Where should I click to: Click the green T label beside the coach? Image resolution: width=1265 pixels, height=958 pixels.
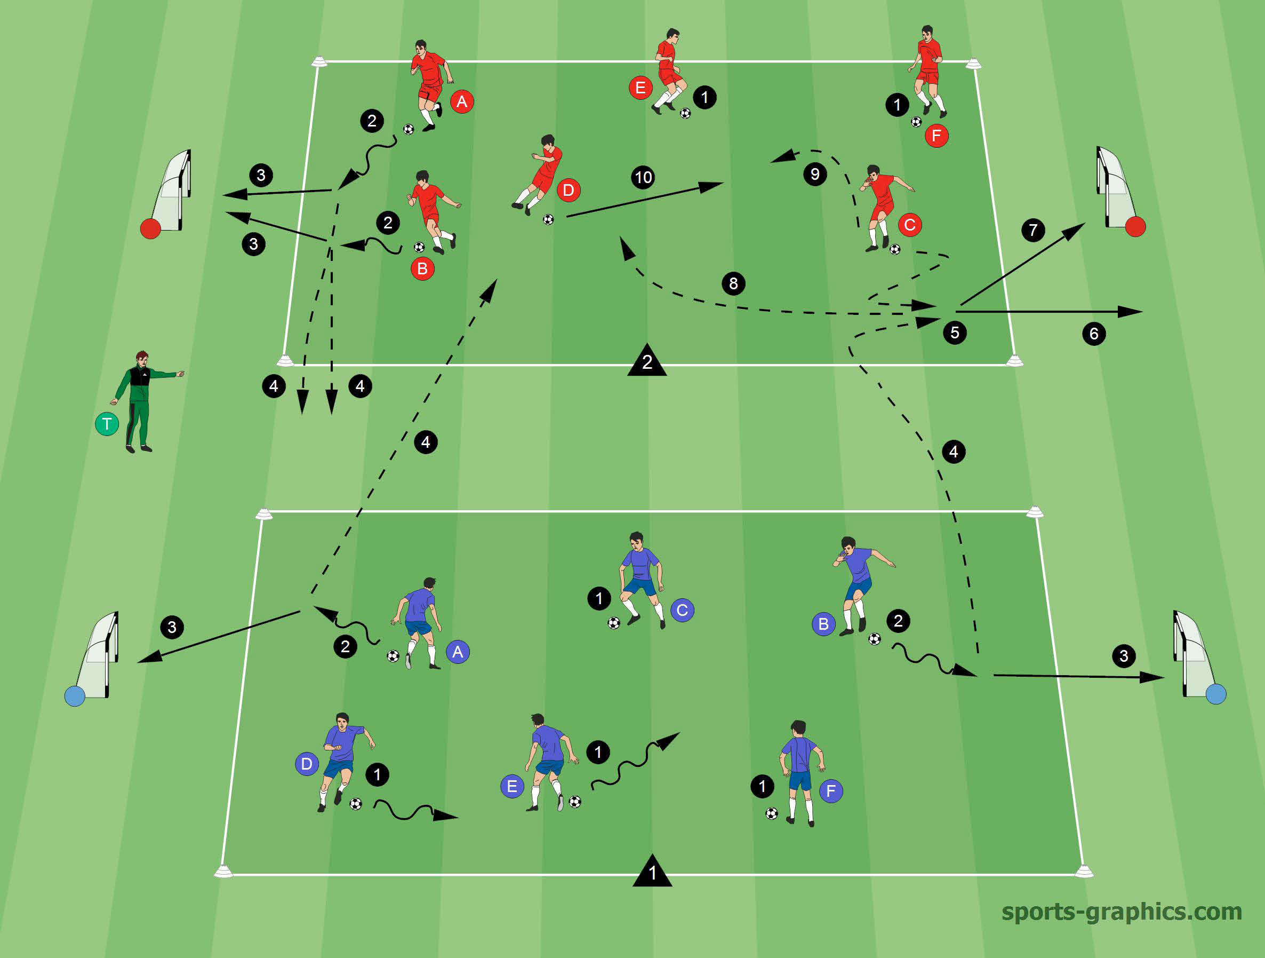(107, 424)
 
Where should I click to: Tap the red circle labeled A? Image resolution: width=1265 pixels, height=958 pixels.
(462, 101)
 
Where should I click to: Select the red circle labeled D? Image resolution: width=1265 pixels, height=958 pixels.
(569, 190)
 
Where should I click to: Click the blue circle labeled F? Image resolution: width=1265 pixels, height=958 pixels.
(831, 791)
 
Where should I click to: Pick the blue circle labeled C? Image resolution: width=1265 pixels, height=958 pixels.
(682, 610)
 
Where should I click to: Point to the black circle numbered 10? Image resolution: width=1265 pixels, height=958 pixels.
(643, 177)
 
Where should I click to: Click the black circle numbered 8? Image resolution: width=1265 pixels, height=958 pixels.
(734, 283)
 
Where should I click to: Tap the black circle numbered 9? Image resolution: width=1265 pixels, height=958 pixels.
(815, 173)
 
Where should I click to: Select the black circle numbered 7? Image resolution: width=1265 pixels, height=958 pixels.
(1034, 230)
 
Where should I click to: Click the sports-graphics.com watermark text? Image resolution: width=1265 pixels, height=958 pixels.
(1122, 911)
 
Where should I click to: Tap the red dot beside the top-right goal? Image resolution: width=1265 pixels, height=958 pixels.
(1135, 227)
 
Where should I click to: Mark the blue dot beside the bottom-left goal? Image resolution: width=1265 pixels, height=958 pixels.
(75, 696)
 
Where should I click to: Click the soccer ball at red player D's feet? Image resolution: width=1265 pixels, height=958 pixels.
(548, 219)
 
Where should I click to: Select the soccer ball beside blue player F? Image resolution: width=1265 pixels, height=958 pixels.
(772, 813)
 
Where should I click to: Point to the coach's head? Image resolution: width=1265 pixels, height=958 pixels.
(142, 358)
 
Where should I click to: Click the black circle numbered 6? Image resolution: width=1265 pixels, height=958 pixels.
(1094, 334)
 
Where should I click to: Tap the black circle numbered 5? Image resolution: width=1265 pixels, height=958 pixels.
(955, 332)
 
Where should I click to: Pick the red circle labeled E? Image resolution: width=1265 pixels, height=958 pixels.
(640, 88)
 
